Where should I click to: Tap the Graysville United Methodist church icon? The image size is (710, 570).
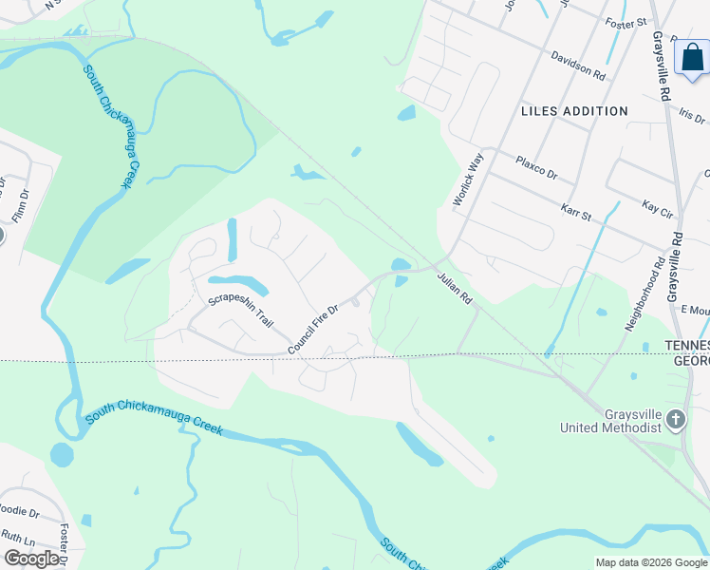(675, 419)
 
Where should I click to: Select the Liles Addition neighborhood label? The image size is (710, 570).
(574, 111)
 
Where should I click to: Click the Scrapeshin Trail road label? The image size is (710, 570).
(240, 311)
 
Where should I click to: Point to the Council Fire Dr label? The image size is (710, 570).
(314, 329)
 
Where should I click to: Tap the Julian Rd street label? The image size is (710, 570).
(455, 289)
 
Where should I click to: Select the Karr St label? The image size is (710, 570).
(576, 212)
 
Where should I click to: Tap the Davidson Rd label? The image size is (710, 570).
(578, 64)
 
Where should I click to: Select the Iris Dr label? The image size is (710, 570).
(693, 114)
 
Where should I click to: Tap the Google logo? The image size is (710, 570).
(32, 559)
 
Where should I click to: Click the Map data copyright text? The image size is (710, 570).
(650, 562)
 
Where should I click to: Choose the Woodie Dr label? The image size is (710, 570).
(20, 513)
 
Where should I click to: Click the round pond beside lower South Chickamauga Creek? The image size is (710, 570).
(62, 454)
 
